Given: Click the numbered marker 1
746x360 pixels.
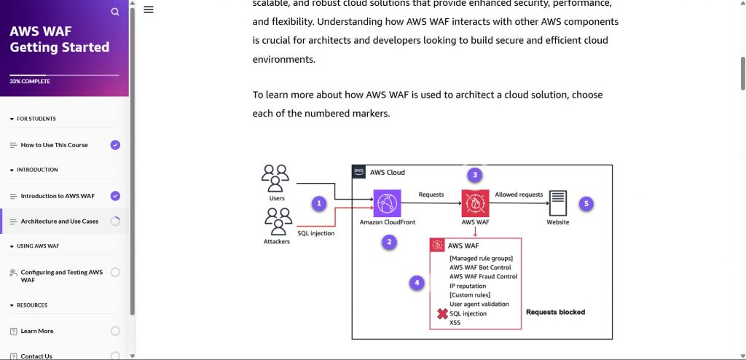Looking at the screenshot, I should [x=318, y=203].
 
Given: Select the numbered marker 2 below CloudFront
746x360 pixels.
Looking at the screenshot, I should [x=390, y=243].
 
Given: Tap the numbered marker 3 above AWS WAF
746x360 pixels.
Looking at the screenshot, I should [x=475, y=175].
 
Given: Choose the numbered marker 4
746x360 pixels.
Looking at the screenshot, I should [x=417, y=282].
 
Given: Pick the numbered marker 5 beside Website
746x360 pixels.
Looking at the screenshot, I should [x=587, y=203].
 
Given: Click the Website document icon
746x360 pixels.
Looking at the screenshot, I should [x=558, y=202].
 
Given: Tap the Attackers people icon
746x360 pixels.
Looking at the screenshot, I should [x=278, y=222].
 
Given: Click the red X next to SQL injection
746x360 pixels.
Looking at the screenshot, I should [x=441, y=314].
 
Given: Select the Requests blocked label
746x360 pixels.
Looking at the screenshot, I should [x=555, y=312].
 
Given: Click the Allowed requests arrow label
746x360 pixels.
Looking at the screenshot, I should [x=519, y=195].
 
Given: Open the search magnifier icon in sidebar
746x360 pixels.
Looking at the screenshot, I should [x=115, y=12].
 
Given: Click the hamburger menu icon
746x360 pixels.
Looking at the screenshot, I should [x=149, y=9].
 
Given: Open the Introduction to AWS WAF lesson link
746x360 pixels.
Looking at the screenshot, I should [x=58, y=196].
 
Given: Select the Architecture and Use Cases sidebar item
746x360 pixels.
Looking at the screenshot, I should [x=59, y=222].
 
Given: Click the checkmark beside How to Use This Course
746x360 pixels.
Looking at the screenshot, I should [x=115, y=145].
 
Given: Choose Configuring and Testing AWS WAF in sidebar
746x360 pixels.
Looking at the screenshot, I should [x=61, y=275].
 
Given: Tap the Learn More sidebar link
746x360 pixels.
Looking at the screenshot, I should [x=37, y=331].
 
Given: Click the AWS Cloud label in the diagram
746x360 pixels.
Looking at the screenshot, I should [x=387, y=173].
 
